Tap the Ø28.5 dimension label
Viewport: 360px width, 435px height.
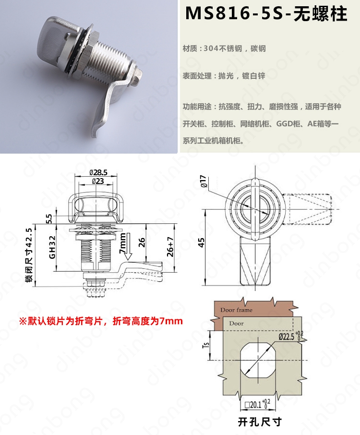98,172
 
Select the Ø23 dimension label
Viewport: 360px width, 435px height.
97,181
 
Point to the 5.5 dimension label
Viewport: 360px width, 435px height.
48,218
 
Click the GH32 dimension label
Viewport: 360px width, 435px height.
52,247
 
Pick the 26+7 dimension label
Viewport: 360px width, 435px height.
170,247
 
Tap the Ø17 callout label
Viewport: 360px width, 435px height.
204,181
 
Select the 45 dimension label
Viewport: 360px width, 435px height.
202,243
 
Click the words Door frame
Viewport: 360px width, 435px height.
236,310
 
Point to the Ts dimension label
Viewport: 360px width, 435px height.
206,345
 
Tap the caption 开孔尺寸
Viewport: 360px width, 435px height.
260,422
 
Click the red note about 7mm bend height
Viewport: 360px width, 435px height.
101,321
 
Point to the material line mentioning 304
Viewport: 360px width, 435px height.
224,48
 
